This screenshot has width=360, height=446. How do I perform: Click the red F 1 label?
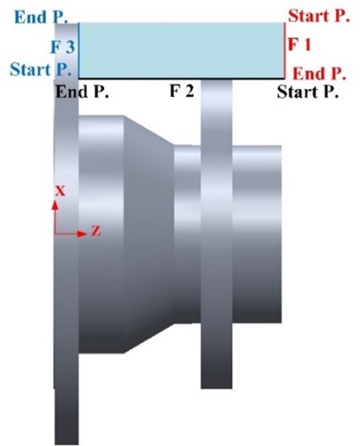point(299,45)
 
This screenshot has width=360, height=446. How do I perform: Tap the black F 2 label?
point(182,91)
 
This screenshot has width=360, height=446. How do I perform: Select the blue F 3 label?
point(63,47)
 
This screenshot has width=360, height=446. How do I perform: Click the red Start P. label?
point(319,16)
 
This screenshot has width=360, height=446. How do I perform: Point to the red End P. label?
point(319,73)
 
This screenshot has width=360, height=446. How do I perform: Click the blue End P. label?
point(41,17)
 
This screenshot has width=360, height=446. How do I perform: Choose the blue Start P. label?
point(41,70)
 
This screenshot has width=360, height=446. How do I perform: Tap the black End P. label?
point(82,92)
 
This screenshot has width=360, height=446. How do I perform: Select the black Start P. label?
point(308,92)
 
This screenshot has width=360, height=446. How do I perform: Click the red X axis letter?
point(60,191)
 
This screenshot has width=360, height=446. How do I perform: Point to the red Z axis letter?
point(96,231)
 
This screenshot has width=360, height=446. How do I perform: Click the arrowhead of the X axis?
point(55,204)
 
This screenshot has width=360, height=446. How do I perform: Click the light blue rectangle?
point(182,50)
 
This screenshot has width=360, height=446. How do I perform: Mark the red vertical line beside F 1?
point(285,50)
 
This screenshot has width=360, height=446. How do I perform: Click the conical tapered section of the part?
point(149,234)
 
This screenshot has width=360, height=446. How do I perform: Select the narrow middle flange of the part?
point(216,234)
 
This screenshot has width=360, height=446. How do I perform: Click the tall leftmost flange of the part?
point(66,234)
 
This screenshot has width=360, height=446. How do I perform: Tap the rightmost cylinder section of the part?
point(257,234)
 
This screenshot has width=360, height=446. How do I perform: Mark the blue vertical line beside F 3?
point(79,50)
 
